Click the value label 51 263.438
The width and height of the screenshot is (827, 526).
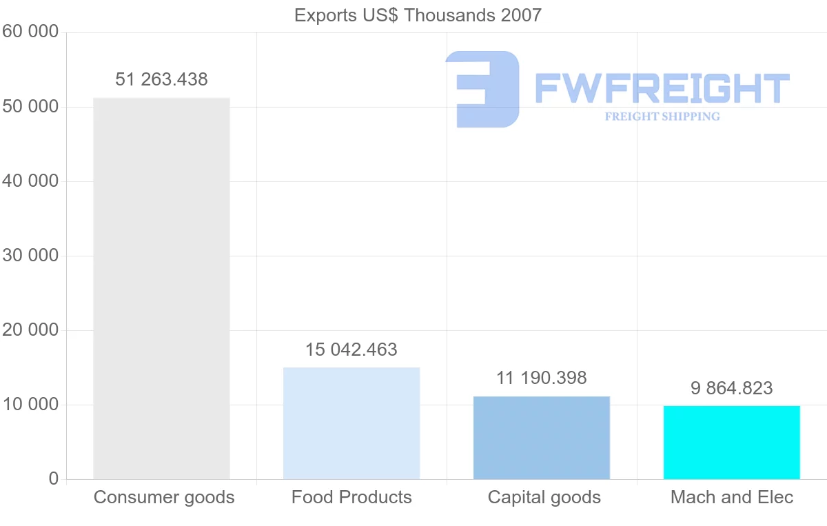[x=161, y=79]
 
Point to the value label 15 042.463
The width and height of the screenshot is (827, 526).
[x=351, y=350]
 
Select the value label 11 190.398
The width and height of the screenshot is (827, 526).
[x=542, y=378]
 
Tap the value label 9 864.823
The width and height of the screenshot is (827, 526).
[x=731, y=388]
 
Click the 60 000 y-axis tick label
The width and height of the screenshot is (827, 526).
[x=30, y=32]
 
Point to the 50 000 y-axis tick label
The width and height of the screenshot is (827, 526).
[x=30, y=107]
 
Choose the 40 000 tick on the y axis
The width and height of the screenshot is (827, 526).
[x=30, y=181]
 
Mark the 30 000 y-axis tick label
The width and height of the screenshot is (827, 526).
[x=30, y=256]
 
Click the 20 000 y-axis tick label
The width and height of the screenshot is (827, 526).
[x=30, y=330]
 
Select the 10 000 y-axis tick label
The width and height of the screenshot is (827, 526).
[x=30, y=405]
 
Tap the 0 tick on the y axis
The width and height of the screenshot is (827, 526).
[x=54, y=479]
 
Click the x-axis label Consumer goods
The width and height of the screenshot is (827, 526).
[x=164, y=497]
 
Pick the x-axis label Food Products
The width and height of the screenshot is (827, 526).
[x=351, y=497]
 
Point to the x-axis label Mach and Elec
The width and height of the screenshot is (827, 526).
[x=732, y=497]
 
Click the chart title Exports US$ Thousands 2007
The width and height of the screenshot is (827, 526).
[x=418, y=15]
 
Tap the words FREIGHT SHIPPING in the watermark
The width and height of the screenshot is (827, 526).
[x=662, y=117]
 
